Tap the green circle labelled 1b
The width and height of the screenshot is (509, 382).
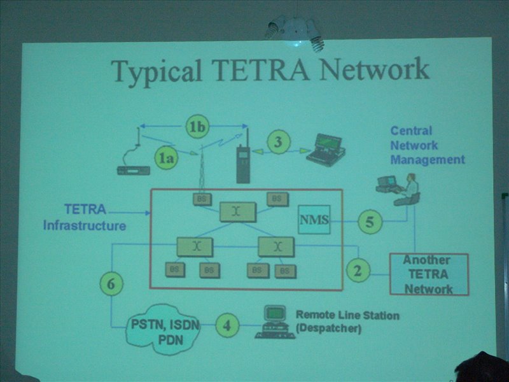[x=197, y=127]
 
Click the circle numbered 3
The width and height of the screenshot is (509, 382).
[x=278, y=142]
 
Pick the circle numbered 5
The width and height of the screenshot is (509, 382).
[x=370, y=222]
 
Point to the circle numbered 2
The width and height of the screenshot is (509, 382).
[x=358, y=271]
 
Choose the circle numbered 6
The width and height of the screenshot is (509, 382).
[x=111, y=284]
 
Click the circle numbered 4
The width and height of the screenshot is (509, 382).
[x=227, y=326]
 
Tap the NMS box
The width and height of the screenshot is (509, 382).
[x=314, y=220]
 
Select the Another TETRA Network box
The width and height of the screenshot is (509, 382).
[x=428, y=274]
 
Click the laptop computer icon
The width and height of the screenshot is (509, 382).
[x=325, y=150]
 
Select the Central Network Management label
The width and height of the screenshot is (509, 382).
[x=427, y=145]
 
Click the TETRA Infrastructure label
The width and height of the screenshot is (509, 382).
[x=85, y=217]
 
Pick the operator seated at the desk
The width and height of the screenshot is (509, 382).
[x=410, y=190]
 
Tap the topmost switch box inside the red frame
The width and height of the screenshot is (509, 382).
[x=237, y=211]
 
